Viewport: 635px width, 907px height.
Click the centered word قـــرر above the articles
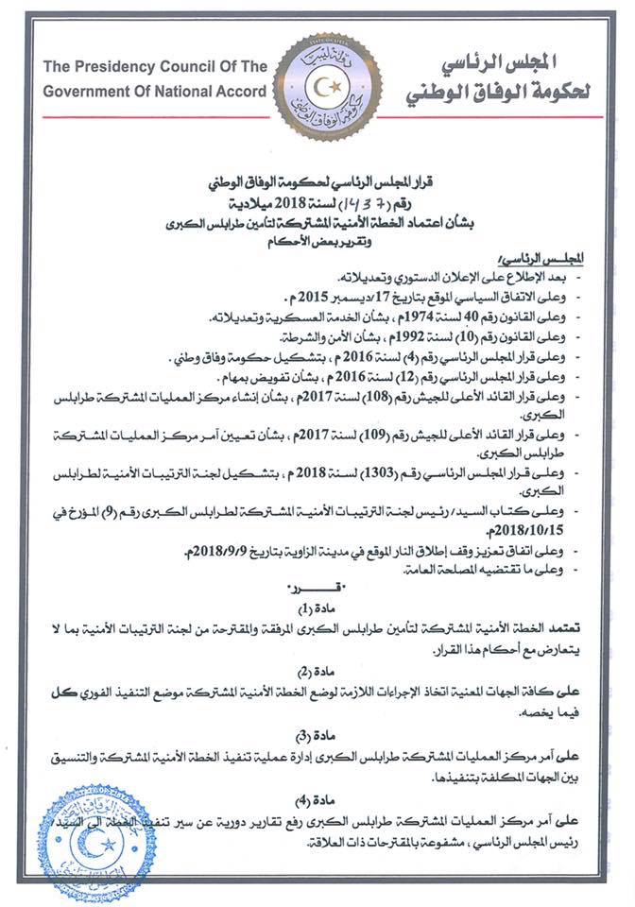[321, 589]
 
